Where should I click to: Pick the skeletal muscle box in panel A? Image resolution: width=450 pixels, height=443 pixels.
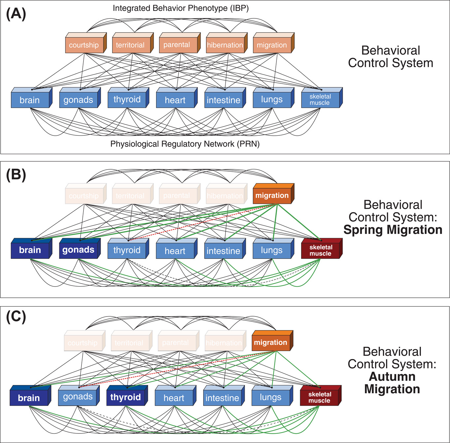[320, 99]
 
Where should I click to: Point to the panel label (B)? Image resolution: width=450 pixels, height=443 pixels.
[16, 175]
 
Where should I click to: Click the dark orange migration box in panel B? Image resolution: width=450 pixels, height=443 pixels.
[272, 196]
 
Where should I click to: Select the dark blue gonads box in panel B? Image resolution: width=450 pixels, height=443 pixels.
[78, 250]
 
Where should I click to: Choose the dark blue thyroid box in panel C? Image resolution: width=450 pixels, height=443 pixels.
[125, 397]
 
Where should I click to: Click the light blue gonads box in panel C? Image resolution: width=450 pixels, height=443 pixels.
[78, 397]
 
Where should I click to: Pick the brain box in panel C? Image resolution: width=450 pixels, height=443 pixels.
[29, 398]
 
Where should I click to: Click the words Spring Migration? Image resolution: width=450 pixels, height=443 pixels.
[393, 230]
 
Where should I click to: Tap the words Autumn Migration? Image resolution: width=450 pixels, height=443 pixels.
[392, 383]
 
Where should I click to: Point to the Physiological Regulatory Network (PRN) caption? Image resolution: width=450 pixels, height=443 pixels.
[185, 144]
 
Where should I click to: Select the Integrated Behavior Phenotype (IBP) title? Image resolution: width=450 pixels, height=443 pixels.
[180, 8]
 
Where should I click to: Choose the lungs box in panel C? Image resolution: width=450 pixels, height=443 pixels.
[271, 397]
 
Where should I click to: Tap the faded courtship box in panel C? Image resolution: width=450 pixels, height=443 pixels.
[83, 343]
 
